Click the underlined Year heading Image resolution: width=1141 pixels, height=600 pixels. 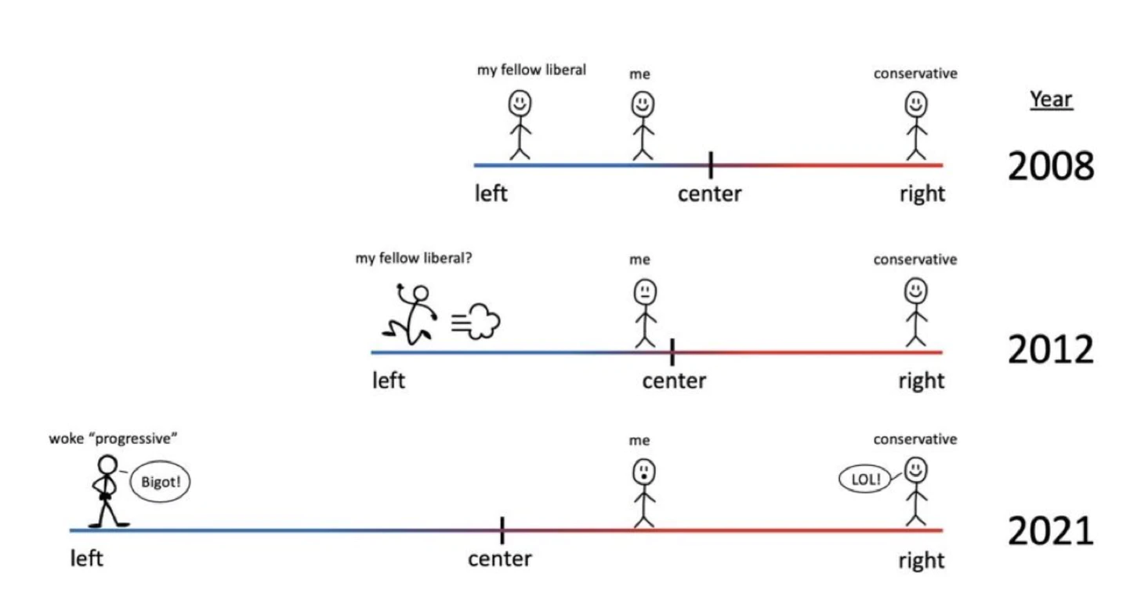(1051, 99)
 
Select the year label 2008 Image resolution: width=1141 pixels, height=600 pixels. (1050, 166)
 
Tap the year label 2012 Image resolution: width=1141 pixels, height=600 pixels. (1050, 350)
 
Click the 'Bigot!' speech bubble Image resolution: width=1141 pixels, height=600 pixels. (160, 481)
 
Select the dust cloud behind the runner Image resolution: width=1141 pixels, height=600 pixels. (477, 321)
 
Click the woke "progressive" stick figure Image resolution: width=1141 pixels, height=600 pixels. (106, 490)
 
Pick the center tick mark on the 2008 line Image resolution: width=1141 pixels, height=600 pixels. (710, 164)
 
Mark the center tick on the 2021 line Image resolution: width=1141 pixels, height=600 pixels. (502, 530)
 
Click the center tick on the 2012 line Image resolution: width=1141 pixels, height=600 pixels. (672, 352)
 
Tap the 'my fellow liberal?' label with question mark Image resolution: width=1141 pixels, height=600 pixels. (414, 258)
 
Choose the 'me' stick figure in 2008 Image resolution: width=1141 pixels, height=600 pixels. (643, 125)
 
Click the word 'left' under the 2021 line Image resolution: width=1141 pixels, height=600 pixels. (86, 558)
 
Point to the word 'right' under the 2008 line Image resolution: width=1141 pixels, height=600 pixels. (922, 193)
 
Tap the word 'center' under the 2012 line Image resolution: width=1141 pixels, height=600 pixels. (674, 381)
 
